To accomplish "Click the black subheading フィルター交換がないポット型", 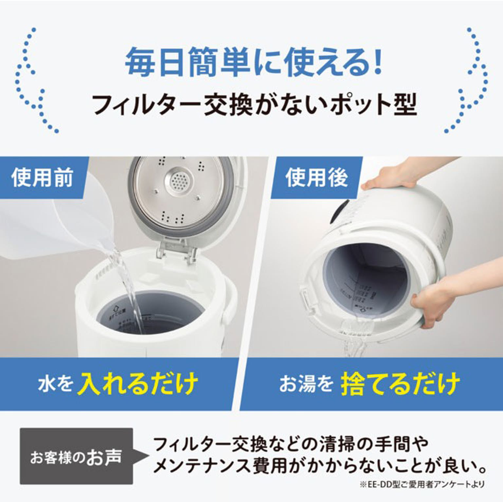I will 254,104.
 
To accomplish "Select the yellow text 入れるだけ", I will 138,383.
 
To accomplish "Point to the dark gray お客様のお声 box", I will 76,456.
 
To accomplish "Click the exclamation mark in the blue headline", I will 378,62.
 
